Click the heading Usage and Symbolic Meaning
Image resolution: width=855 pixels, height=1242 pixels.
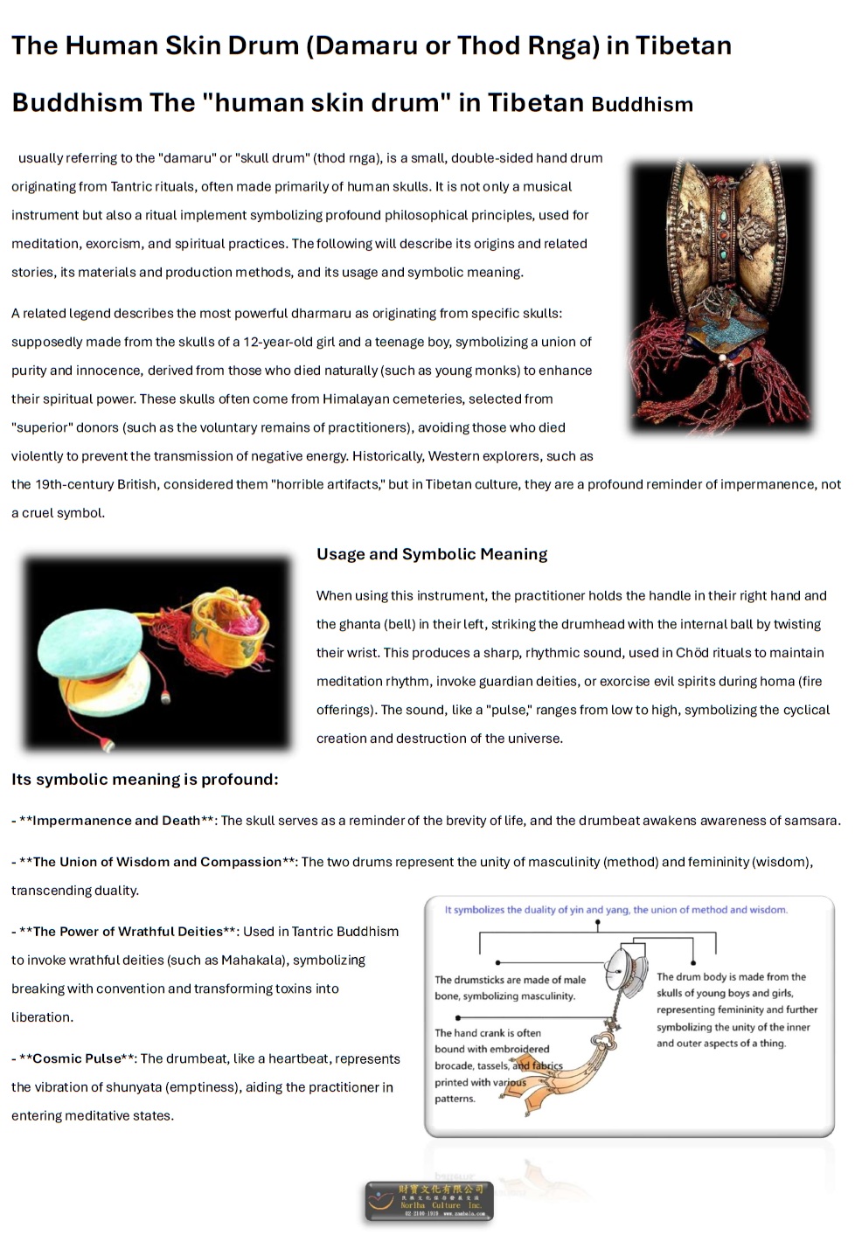tap(432, 554)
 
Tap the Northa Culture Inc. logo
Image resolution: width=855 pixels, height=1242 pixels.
tap(429, 1201)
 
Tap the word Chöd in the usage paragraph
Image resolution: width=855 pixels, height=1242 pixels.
tap(692, 653)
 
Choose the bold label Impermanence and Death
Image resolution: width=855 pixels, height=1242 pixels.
tap(116, 821)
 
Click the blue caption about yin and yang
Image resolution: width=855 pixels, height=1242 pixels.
tap(615, 910)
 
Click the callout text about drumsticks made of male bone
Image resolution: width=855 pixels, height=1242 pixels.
tap(510, 988)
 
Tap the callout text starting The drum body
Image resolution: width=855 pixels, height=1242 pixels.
tap(736, 1010)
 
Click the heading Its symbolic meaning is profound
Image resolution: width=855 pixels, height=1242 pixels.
tap(145, 780)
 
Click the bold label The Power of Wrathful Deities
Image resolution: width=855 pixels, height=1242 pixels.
tap(128, 932)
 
